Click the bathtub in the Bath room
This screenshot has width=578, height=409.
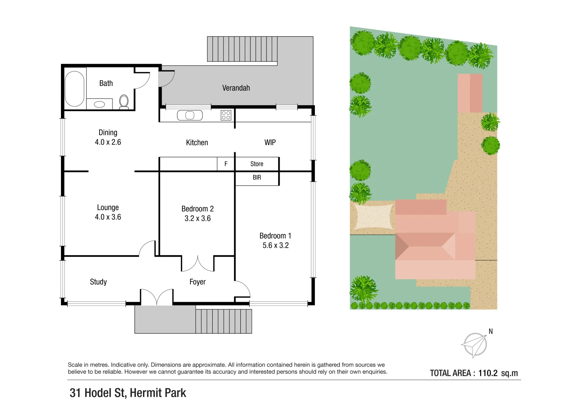(75, 89)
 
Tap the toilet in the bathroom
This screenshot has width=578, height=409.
(124, 102)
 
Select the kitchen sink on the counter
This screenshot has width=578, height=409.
(190, 115)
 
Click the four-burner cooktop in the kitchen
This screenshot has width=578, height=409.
(226, 115)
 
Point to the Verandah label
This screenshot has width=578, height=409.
(236, 88)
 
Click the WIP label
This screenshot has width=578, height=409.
(270, 143)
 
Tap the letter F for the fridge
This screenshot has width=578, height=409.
(226, 164)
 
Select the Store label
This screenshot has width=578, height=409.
(257, 164)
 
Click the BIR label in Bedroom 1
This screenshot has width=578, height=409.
(257, 178)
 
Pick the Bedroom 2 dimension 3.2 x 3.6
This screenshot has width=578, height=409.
(198, 219)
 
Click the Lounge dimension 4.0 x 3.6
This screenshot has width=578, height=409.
(108, 217)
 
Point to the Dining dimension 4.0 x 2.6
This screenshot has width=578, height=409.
(108, 142)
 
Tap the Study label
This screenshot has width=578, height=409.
(98, 282)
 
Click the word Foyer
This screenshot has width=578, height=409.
(198, 282)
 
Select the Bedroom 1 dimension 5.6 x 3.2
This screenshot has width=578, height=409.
(276, 245)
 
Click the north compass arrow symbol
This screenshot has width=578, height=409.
(474, 345)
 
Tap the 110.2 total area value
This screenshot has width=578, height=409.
(488, 373)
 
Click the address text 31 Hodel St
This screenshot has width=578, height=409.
(98, 393)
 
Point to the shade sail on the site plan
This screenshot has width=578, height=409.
(373, 216)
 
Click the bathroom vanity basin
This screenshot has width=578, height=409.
(100, 104)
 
